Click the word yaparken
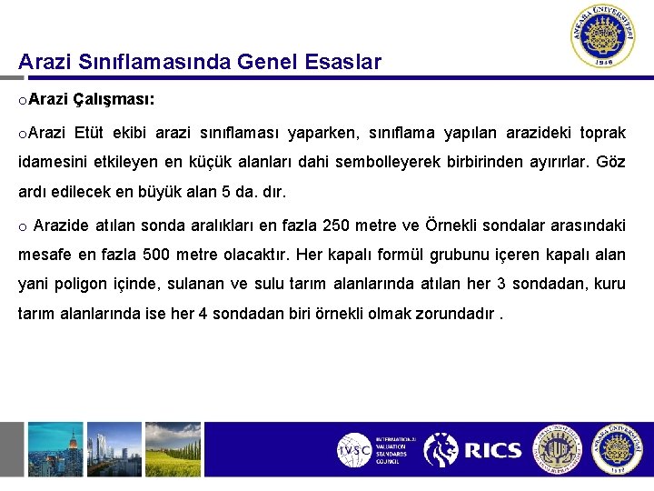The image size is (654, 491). tap(322, 134)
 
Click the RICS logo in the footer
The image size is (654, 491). tap(471, 450)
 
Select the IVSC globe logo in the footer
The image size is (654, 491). tap(354, 450)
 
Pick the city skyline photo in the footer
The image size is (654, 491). tap(55, 450)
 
